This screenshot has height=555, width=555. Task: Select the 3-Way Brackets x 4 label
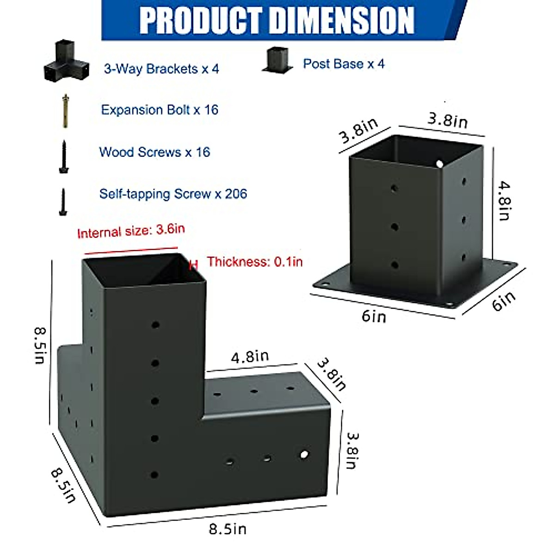coord(161,69)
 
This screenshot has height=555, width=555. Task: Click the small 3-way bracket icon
coord(67,61)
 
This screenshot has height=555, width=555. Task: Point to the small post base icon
coord(277,60)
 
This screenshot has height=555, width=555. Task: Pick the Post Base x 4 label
coord(344,64)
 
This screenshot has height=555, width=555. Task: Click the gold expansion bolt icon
coord(66,111)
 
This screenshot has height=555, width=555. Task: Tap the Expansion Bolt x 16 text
coord(160,110)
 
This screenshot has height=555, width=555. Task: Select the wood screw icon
coord(64,157)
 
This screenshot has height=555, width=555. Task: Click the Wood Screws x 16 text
coord(154,152)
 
